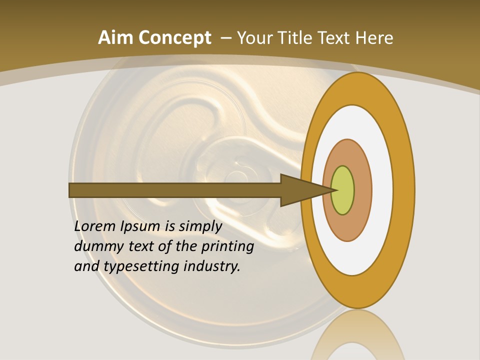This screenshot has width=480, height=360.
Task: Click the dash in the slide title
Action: coord(225,38)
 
